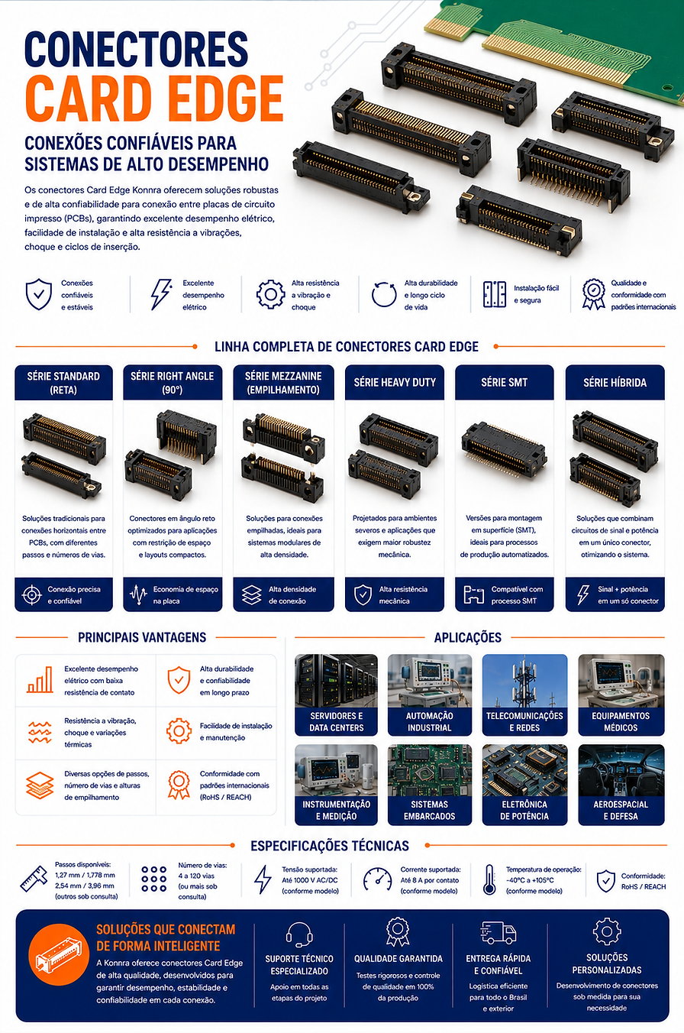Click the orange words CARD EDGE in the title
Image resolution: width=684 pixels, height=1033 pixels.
(x=154, y=99)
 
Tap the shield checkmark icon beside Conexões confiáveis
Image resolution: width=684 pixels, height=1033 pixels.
(x=39, y=294)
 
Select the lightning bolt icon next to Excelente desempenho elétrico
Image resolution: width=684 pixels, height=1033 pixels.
(x=161, y=293)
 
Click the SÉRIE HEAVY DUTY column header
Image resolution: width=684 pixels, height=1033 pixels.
(x=395, y=382)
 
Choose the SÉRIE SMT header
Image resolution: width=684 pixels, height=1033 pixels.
(x=505, y=382)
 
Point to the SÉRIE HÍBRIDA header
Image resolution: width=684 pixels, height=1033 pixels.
(x=615, y=382)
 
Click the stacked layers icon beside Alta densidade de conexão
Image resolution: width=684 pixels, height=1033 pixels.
(x=252, y=595)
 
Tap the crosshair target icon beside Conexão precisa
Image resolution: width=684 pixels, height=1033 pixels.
(x=32, y=595)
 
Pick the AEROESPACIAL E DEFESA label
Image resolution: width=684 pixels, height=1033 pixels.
(x=621, y=810)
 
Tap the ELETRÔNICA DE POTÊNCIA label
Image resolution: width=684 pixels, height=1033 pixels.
(x=524, y=810)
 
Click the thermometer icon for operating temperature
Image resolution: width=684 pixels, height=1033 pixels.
(x=489, y=879)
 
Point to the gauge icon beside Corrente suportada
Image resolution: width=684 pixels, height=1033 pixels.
(x=377, y=879)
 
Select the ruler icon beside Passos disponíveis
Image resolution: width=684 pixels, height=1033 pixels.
(x=34, y=879)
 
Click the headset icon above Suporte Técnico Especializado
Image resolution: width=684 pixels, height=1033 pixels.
(x=299, y=934)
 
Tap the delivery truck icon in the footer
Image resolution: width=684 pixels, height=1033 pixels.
(x=498, y=933)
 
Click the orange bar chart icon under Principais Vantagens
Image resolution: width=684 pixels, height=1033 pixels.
(x=40, y=680)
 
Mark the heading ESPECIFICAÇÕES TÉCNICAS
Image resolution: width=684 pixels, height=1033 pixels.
(x=330, y=846)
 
